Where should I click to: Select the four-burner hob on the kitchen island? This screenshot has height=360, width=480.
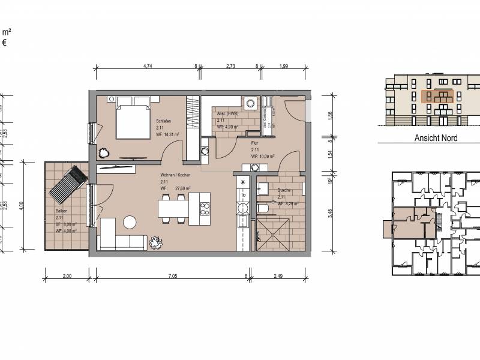[x=205, y=209]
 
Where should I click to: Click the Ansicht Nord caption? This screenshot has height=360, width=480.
[x=436, y=138]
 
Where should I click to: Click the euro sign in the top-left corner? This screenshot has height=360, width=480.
[x=4, y=43]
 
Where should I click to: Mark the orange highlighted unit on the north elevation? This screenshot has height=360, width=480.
[x=436, y=97]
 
